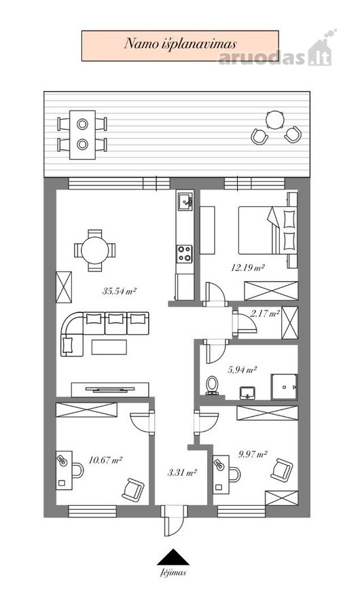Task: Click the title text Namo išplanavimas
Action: pyautogui.click(x=180, y=43)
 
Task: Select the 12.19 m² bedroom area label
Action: pyautogui.click(x=248, y=267)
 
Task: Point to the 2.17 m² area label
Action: pyautogui.click(x=266, y=313)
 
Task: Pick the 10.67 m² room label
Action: pyautogui.click(x=106, y=460)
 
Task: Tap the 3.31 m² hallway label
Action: pyautogui.click(x=182, y=473)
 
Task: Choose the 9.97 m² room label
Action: pyautogui.click(x=253, y=454)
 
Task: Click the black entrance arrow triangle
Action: pyautogui.click(x=173, y=557)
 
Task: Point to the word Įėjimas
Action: pyautogui.click(x=173, y=573)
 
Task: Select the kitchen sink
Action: pyautogui.click(x=185, y=202)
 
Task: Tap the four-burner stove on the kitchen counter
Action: pyautogui.click(x=185, y=254)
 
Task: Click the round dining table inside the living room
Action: pyautogui.click(x=95, y=250)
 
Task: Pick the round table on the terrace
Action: pyautogui.click(x=276, y=119)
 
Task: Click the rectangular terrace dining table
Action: pyautogui.click(x=82, y=135)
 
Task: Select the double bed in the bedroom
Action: pyautogui.click(x=268, y=230)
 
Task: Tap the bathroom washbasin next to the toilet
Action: pyautogui.click(x=247, y=393)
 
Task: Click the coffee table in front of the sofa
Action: pyautogui.click(x=109, y=347)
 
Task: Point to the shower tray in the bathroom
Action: pyautogui.click(x=285, y=387)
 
